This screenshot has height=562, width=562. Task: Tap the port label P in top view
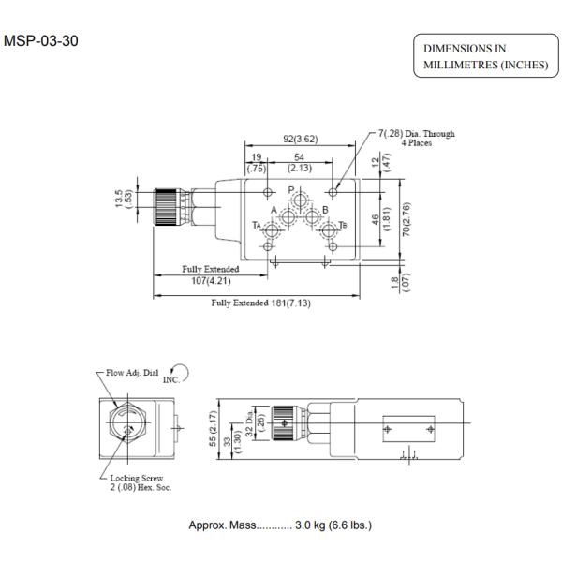pyautogui.click(x=291, y=189)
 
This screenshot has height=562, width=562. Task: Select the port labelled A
pyautogui.click(x=274, y=210)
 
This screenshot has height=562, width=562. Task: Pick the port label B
pyautogui.click(x=325, y=210)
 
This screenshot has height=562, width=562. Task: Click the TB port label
pyautogui.click(x=343, y=226)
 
